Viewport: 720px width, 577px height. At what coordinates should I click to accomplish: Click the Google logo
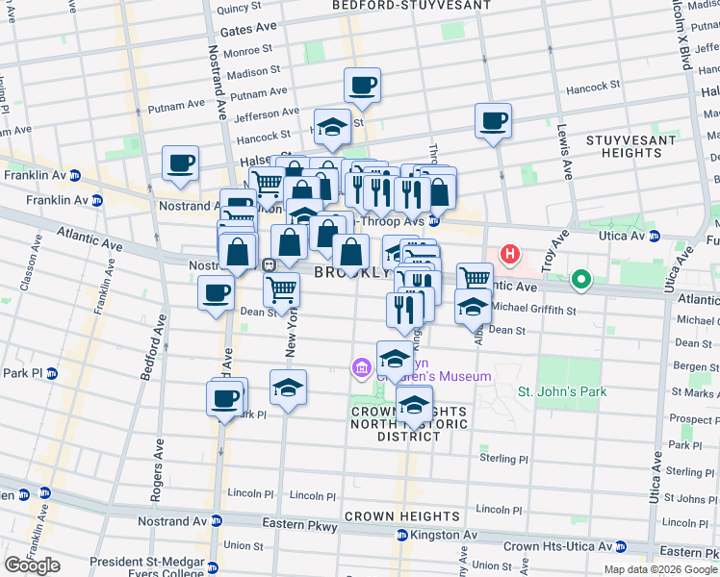coord(32,565)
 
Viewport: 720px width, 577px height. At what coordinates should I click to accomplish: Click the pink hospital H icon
coord(510,256)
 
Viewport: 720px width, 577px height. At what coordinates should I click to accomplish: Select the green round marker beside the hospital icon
coord(580,280)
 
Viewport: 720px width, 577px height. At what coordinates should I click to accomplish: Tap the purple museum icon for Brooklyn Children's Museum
coord(361,366)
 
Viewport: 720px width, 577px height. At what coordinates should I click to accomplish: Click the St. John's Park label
coord(562,391)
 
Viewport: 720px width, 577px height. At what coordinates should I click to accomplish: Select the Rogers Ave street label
coord(155,473)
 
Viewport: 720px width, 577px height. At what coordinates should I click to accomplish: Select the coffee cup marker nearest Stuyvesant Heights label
coord(493,120)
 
